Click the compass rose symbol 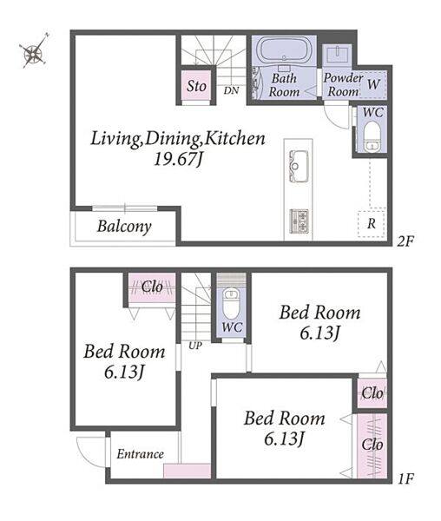point(34,51)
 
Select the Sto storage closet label point(196,86)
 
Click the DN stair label point(231,90)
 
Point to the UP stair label point(195,346)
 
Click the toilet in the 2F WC point(372,136)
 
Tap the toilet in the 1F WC point(231,302)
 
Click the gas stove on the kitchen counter point(299,221)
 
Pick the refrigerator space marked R point(372,223)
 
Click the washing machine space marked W point(373,84)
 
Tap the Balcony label point(124,227)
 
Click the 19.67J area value point(178,159)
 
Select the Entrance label point(140,454)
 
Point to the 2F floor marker point(405,241)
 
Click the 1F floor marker point(405,478)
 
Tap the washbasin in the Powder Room point(338,54)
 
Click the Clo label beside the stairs point(152,287)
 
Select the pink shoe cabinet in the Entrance point(187,471)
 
